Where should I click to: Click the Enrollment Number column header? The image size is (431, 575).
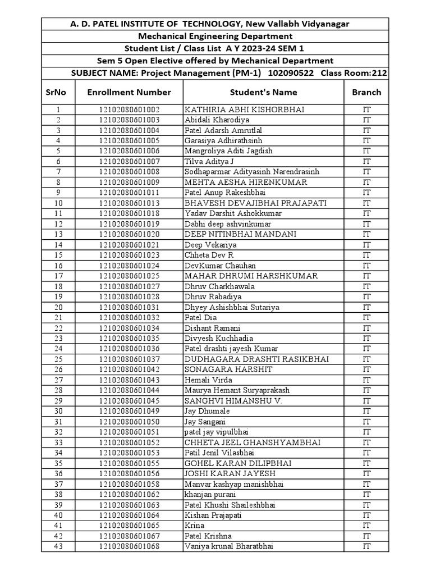(x=129, y=92)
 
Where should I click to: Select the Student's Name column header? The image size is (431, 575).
(x=263, y=92)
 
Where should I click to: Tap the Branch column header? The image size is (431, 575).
(x=366, y=92)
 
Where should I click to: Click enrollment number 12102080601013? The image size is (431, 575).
(x=129, y=203)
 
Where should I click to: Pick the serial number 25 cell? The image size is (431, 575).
(x=58, y=359)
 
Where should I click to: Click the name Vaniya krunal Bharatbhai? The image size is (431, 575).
(x=228, y=546)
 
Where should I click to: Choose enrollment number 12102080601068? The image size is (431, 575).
(x=129, y=546)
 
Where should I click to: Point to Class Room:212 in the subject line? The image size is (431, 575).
(x=359, y=74)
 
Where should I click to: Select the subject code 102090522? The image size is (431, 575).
(x=292, y=74)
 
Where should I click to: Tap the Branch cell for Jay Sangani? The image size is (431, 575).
(x=366, y=422)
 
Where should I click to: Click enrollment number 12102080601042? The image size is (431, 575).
(x=129, y=369)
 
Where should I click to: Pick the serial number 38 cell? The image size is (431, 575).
(x=58, y=495)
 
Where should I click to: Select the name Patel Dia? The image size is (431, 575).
(x=200, y=318)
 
